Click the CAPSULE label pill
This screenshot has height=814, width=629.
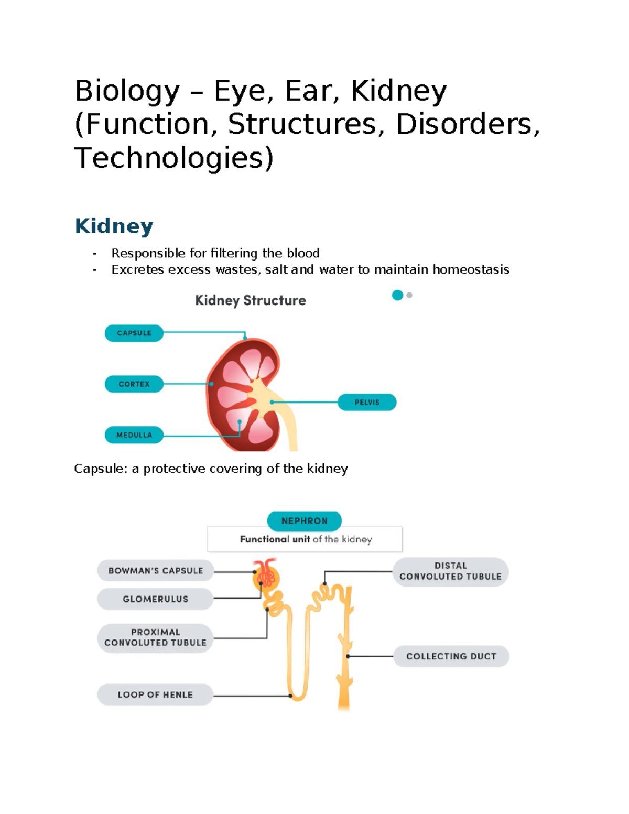(x=134, y=333)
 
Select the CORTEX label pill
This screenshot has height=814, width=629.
(x=134, y=384)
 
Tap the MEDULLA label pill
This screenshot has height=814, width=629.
(x=134, y=435)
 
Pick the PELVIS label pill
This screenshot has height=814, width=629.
(x=367, y=403)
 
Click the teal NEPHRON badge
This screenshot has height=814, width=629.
(x=305, y=521)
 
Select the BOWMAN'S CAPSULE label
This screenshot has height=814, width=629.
(x=155, y=571)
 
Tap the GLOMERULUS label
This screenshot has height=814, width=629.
(x=155, y=599)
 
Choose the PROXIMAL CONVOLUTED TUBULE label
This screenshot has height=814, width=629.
(x=155, y=638)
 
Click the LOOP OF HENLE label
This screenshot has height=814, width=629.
(x=155, y=695)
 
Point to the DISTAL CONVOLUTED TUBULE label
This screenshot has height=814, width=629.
(x=450, y=571)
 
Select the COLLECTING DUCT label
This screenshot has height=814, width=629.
(x=451, y=656)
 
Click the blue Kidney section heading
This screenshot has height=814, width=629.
(x=114, y=226)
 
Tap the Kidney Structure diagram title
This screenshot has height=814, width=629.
(x=251, y=300)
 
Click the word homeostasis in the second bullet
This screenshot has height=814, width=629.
(x=471, y=270)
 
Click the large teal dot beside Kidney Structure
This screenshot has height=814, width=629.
(x=397, y=295)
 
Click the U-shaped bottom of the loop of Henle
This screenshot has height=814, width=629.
(x=298, y=698)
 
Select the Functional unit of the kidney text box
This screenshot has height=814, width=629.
(x=305, y=539)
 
